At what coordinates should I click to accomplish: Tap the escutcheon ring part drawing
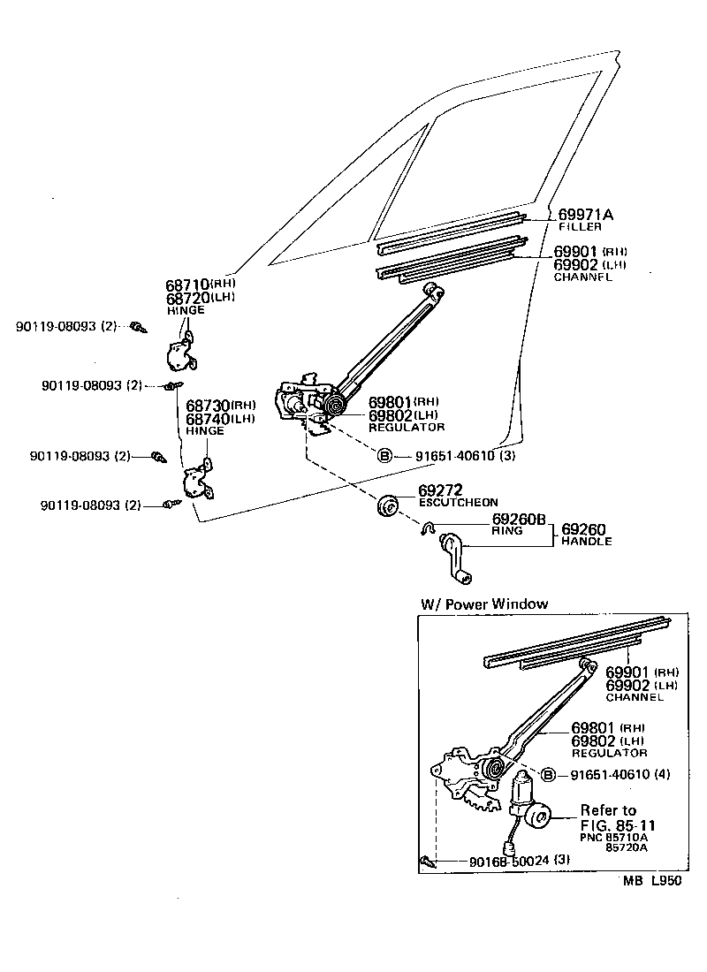[x=388, y=506]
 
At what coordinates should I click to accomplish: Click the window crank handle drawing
[x=454, y=558]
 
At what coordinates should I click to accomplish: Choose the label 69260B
[x=519, y=519]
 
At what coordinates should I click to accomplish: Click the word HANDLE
[x=586, y=541]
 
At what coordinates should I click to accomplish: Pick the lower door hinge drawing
[x=197, y=482]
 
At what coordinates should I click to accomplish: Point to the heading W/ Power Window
[x=484, y=604]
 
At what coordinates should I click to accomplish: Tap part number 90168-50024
[x=503, y=861]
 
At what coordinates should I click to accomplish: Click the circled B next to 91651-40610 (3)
[x=384, y=456]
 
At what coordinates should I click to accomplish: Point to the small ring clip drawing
[x=426, y=528]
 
